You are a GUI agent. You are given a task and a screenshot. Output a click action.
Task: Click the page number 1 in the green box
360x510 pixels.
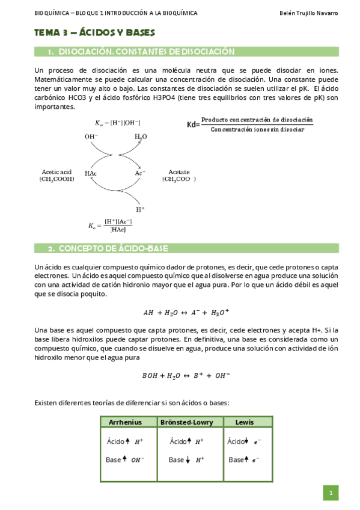coord(331,493)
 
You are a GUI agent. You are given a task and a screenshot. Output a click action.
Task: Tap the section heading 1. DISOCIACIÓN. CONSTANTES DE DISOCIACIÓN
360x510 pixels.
coord(141,52)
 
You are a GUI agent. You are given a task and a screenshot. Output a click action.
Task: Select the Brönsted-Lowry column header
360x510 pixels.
coord(190,422)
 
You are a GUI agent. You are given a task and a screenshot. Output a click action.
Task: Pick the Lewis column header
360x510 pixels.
coord(245,422)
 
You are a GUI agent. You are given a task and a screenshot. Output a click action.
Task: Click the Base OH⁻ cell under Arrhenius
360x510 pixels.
coord(125,459)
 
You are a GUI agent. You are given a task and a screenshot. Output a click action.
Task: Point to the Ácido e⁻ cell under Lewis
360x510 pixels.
coord(243,441)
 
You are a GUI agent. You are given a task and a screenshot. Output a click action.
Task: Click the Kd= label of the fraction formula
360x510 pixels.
coord(193,125)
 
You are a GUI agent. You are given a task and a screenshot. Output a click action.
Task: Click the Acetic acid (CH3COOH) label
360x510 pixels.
coord(56,175)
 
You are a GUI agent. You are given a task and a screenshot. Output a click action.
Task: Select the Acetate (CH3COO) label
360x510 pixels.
coord(178,175)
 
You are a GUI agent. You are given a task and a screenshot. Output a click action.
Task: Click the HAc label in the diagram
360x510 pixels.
coord(91,173)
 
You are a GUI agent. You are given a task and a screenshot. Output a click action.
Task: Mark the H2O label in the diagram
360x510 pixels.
coord(140,137)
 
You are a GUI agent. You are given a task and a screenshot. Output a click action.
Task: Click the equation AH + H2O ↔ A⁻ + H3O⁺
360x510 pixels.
coord(186,313)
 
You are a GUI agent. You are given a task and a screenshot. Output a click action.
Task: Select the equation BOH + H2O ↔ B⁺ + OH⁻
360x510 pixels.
coord(186,376)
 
